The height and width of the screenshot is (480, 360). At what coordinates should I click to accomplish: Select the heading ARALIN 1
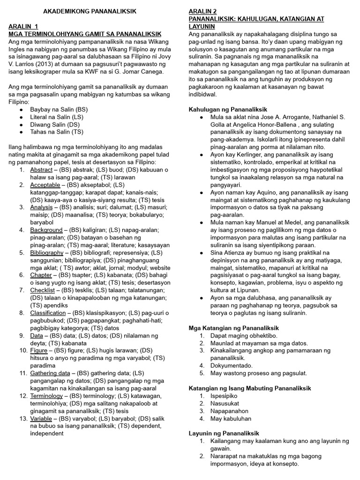tap(23, 26)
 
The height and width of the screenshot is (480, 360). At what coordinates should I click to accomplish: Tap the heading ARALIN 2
tap(203, 11)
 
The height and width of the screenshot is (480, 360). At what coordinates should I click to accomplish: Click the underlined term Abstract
tap(41, 170)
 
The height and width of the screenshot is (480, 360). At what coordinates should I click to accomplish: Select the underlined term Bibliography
tap(47, 253)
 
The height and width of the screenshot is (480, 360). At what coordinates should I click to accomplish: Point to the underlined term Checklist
tap(42, 290)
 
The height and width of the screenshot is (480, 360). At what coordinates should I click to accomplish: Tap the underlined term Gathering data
tap(50, 373)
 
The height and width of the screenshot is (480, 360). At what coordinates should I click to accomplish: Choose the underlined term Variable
tap(41, 418)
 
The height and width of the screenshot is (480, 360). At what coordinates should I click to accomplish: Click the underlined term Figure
tap(39, 350)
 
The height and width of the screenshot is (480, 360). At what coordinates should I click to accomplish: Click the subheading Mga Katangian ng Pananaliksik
tap(233, 328)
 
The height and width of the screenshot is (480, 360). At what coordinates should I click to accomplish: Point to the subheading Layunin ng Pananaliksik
tap(224, 434)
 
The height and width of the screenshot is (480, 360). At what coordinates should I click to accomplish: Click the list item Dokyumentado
tap(232, 366)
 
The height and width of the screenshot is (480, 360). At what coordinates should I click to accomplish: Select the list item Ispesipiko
tap(224, 396)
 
